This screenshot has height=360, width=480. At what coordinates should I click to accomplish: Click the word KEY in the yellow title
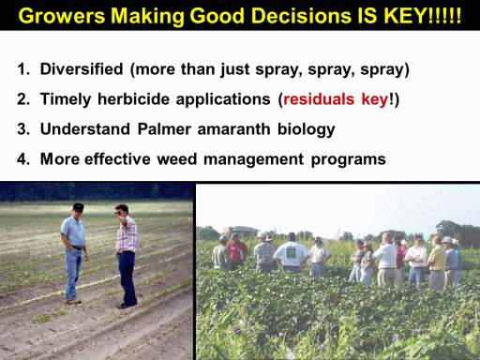pos(405,15)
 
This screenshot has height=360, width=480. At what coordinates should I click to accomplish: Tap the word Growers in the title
pos(62,16)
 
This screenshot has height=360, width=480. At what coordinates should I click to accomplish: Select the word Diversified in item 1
pos(82,68)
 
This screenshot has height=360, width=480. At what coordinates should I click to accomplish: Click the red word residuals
pos(319,99)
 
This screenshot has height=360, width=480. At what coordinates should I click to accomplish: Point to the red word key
pos(375,100)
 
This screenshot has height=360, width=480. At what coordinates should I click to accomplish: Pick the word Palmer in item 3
pos(164,128)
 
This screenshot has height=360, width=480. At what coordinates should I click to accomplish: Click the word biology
pos(307,130)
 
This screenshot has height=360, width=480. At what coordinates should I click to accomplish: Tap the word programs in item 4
pos(349,160)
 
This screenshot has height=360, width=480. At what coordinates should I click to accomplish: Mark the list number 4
pos(23,158)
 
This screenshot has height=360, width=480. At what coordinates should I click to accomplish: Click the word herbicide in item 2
pos(133,99)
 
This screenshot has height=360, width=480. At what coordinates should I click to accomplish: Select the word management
pos(253,160)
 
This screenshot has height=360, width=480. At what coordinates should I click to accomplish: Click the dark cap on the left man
pos(78,207)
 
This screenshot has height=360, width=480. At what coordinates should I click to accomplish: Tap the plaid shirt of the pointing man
pos(127,235)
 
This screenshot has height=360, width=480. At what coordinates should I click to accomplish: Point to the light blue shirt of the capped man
pos(74,232)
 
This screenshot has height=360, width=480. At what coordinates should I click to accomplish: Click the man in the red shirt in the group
pos(237,251)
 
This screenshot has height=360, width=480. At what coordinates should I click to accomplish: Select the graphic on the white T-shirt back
pos(292,251)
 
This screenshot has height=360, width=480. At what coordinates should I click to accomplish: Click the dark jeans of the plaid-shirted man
pos(127,277)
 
